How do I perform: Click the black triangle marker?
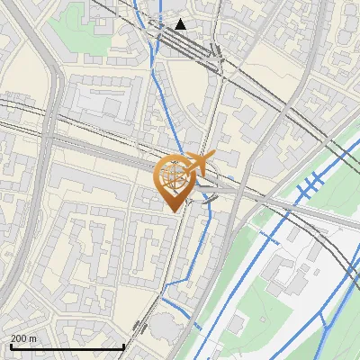pyautogui.click(x=181, y=24)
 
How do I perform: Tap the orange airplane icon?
pyautogui.click(x=202, y=165)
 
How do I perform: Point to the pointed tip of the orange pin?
pyautogui.click(x=175, y=211)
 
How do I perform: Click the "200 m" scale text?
pyautogui.click(x=23, y=338)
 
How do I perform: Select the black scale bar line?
pyautogui.click(x=67, y=346)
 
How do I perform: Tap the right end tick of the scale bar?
pyautogui.click(x=123, y=345)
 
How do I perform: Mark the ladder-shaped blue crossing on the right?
pyautogui.click(x=309, y=185)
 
